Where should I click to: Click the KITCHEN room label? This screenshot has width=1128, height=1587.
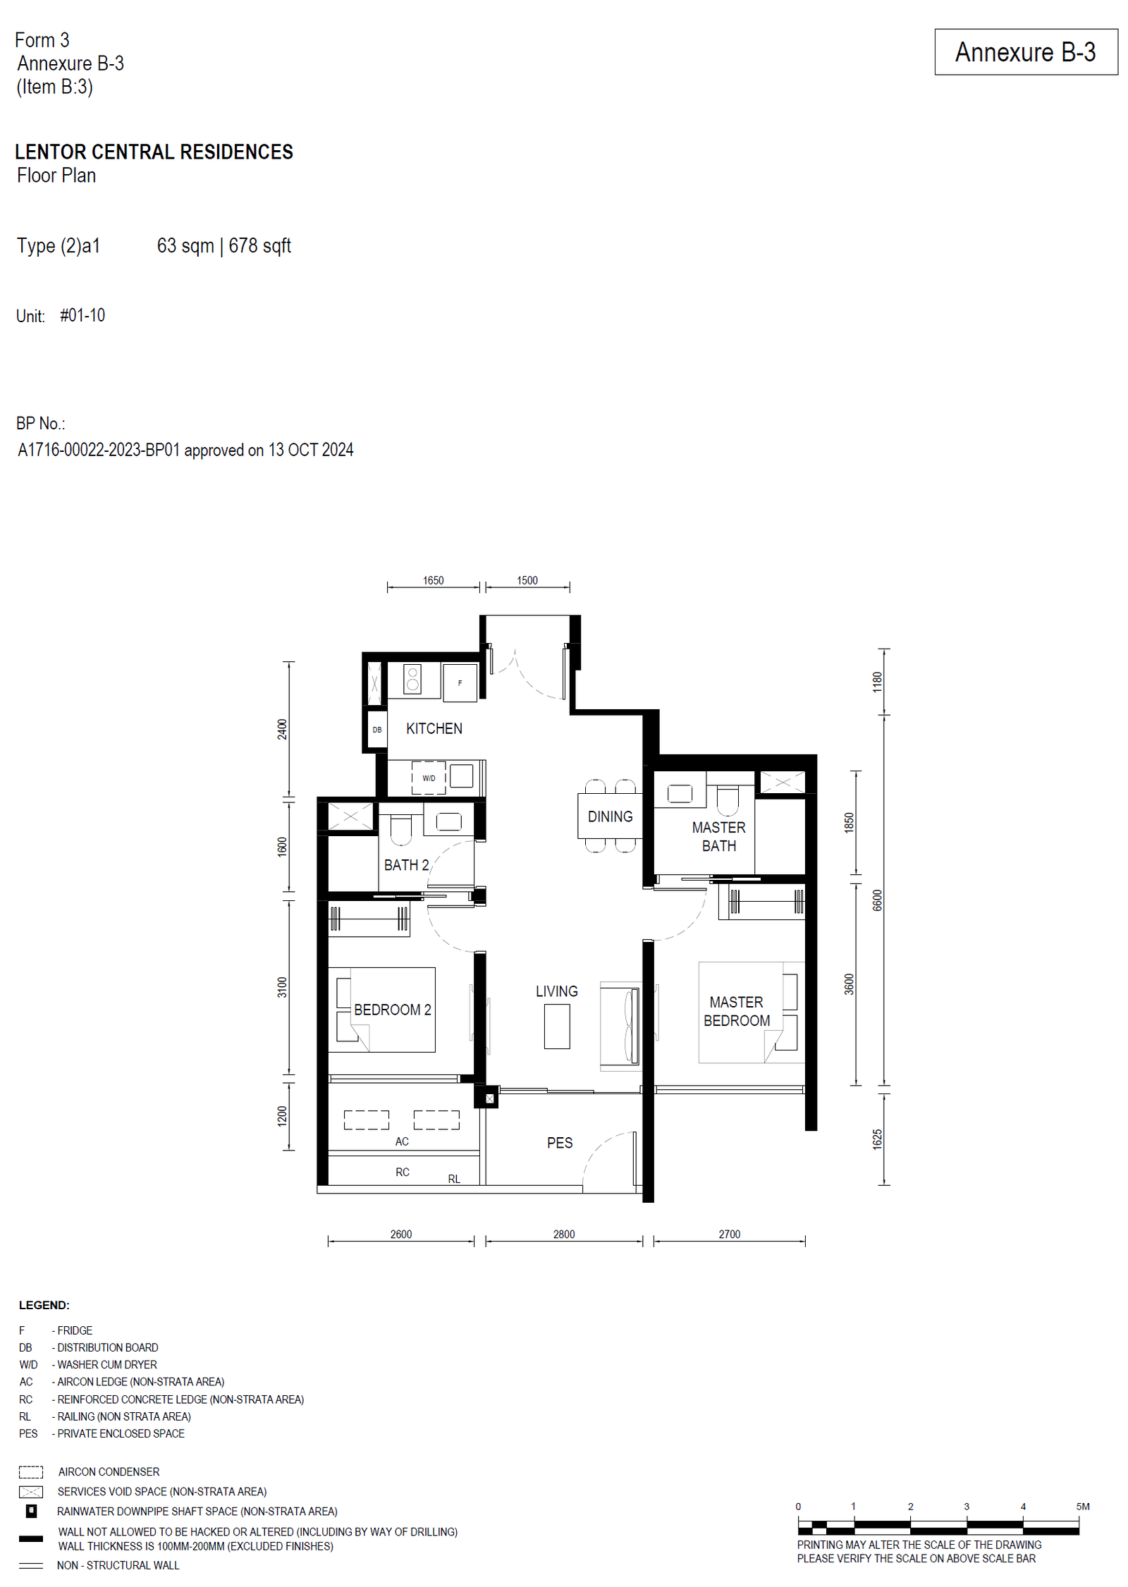[x=434, y=728]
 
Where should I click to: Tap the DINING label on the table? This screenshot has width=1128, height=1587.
[x=610, y=816]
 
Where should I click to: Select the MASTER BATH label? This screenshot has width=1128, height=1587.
[x=718, y=836]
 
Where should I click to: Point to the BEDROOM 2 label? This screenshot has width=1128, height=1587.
[x=392, y=1010]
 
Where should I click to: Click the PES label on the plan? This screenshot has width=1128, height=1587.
[x=560, y=1143]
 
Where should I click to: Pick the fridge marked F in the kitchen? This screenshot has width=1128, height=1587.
[x=460, y=682]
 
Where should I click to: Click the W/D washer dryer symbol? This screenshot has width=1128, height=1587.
[x=429, y=778]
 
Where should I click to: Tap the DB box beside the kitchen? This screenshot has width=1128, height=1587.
[x=377, y=730]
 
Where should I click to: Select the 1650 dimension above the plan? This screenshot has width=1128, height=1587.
[x=433, y=580]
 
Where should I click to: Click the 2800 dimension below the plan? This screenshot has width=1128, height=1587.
[x=564, y=1234]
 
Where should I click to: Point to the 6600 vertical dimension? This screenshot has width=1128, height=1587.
[x=877, y=900]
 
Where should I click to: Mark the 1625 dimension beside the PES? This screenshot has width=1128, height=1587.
[x=877, y=1139]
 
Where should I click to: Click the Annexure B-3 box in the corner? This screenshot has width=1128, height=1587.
[x=1026, y=52]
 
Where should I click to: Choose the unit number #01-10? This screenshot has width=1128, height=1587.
[x=82, y=315]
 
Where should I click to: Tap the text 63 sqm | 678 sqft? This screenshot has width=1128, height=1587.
[x=223, y=245]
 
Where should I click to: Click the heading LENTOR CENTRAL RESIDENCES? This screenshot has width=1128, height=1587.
[x=154, y=152]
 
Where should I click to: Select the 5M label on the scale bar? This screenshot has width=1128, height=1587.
[x=1083, y=1506]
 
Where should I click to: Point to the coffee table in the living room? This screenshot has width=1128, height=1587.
[x=557, y=1026]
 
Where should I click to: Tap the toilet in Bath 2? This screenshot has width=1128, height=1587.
[x=400, y=830]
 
